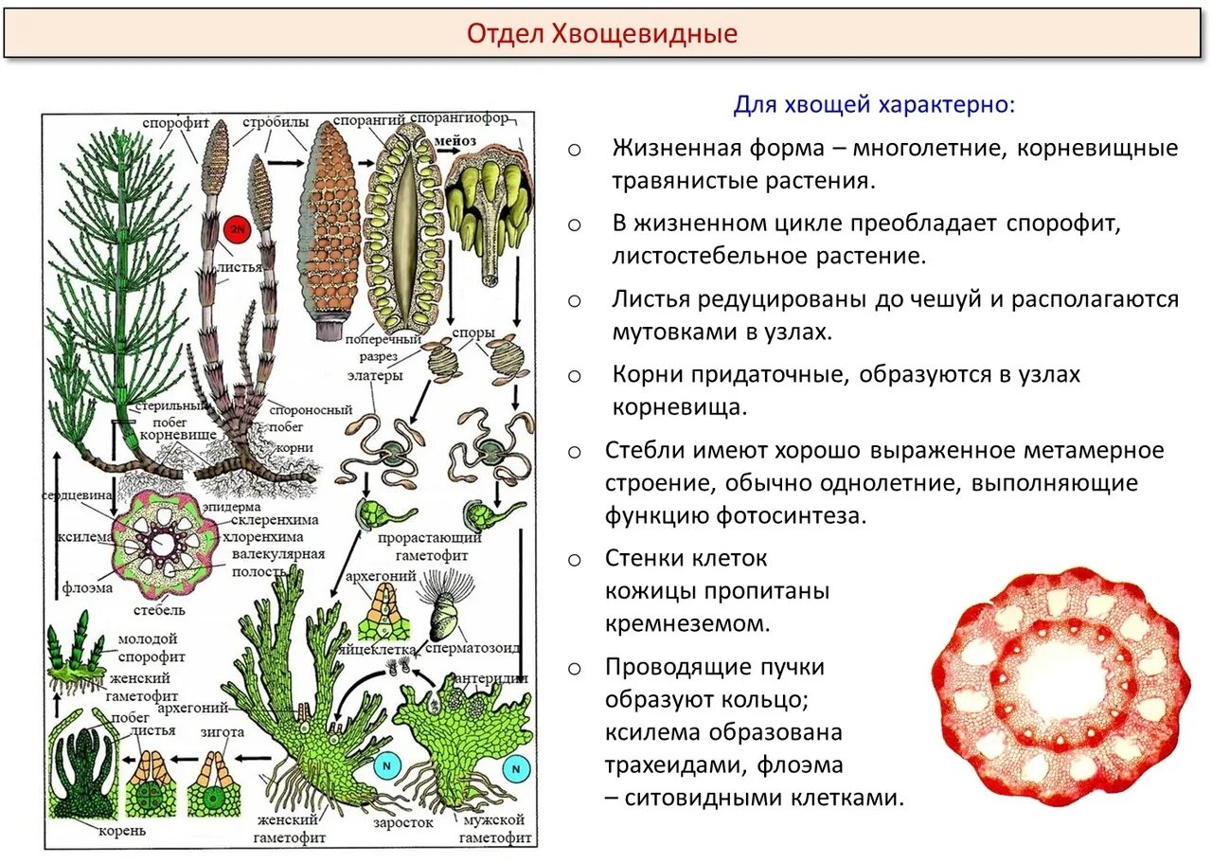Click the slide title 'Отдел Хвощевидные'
(602, 35)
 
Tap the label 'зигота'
(223, 732)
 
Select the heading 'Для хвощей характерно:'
(873, 105)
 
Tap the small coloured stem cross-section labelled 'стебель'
(165, 545)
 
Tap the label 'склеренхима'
(276, 520)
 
